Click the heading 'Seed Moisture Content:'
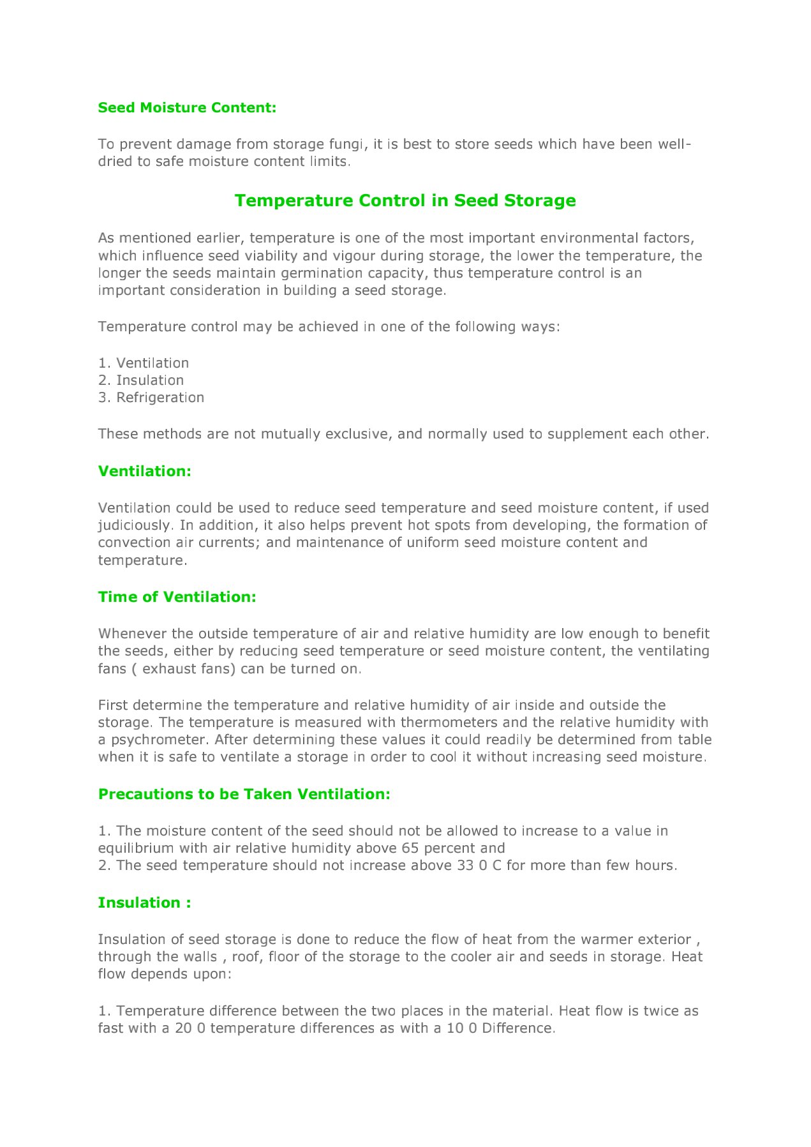pyautogui.click(x=187, y=108)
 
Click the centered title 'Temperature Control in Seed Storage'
pyautogui.click(x=405, y=200)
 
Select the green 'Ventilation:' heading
pyautogui.click(x=144, y=471)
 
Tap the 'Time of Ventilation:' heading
pyautogui.click(x=177, y=597)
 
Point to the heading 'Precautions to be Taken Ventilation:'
pyautogui.click(x=244, y=794)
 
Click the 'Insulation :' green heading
pyautogui.click(x=144, y=903)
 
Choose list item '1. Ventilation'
pyautogui.click(x=144, y=363)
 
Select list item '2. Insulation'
pyautogui.click(x=141, y=380)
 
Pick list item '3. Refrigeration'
pyautogui.click(x=151, y=398)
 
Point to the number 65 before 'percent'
pyautogui.click(x=410, y=848)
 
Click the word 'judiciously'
pyautogui.click(x=134, y=525)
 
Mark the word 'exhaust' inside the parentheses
pyautogui.click(x=167, y=669)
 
